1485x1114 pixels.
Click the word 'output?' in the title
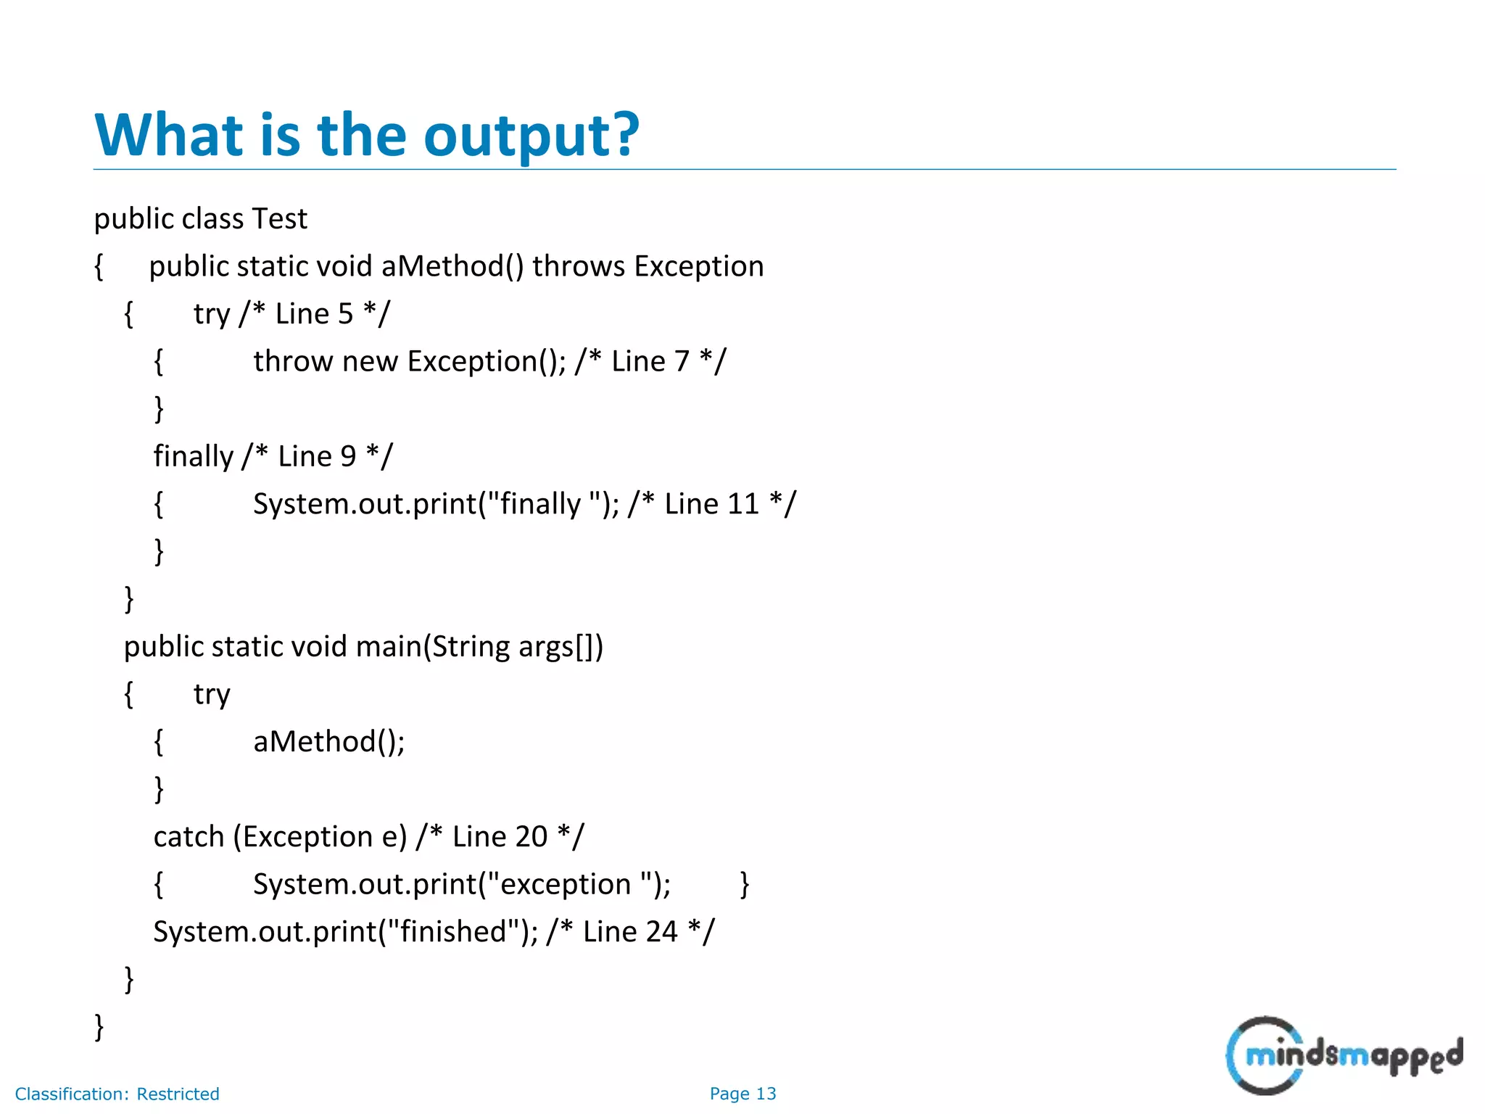[x=531, y=136]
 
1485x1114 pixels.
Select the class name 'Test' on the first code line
[x=279, y=219]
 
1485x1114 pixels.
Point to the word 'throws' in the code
[x=578, y=266]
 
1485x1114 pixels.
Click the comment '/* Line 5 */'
[x=314, y=314]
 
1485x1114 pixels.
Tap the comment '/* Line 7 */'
[x=650, y=361]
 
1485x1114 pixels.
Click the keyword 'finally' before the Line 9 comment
[x=193, y=456]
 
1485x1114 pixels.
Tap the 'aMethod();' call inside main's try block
[x=328, y=741]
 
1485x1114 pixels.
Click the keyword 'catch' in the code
[x=189, y=837]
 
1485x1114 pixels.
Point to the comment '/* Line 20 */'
[x=500, y=837]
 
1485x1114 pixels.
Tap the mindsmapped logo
[x=1344, y=1055]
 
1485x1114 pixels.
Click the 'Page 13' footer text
[x=742, y=1094]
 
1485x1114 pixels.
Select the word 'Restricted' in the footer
[x=178, y=1094]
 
